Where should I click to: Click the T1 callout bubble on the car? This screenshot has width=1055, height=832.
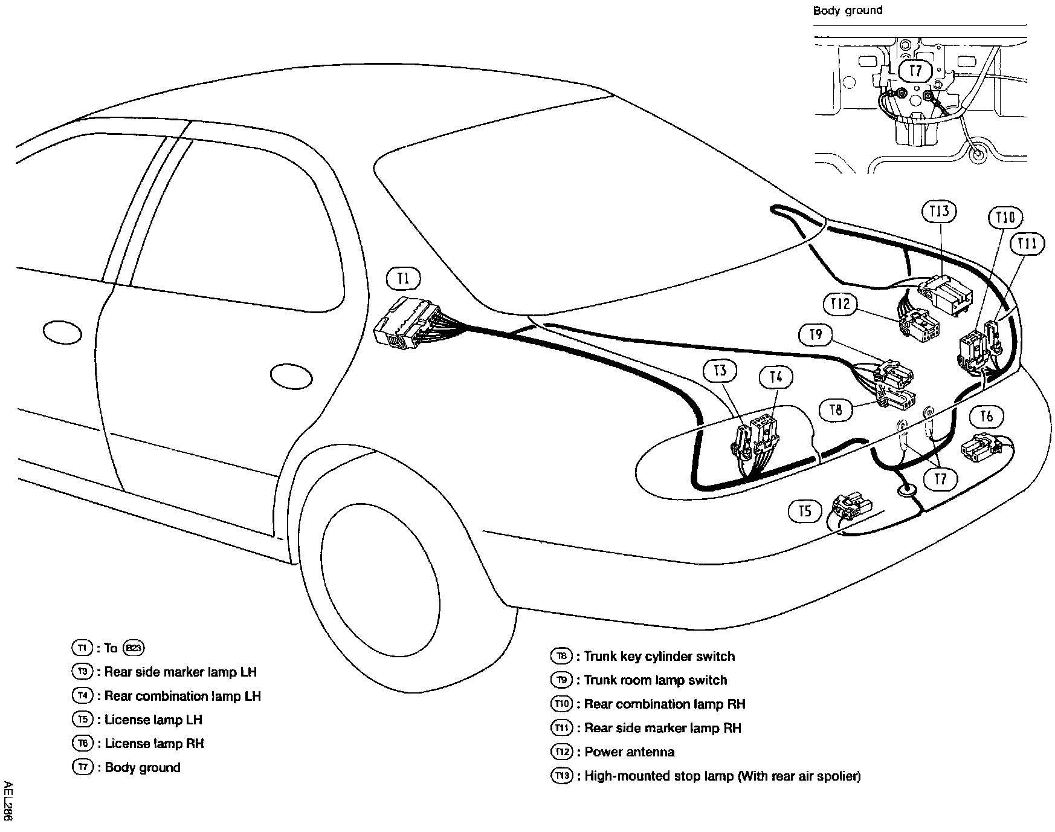(x=403, y=278)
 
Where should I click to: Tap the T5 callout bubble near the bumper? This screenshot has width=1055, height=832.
(x=805, y=512)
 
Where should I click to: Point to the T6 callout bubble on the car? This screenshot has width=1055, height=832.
(x=986, y=416)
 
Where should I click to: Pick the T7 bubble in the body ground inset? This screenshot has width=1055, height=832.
(x=916, y=71)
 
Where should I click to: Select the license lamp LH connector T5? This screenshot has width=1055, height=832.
(x=852, y=505)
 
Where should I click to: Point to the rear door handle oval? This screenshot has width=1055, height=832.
(x=291, y=375)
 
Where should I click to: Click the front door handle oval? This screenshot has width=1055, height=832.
(x=62, y=332)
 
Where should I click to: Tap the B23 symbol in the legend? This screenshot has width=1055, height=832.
(x=134, y=648)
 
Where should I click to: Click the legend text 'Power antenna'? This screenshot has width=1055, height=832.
(x=629, y=752)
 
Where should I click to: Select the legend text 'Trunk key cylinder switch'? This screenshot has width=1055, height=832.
(x=659, y=657)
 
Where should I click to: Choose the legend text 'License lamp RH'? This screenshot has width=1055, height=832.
(x=154, y=744)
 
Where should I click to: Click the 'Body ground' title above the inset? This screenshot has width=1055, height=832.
(x=847, y=10)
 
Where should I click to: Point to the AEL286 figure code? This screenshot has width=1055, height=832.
(x=7, y=801)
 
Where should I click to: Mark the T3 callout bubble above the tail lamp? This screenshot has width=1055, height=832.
(x=720, y=370)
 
